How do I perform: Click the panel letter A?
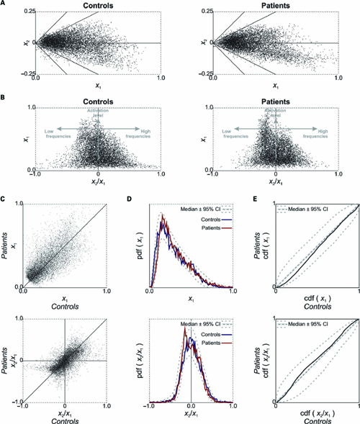[4, 4]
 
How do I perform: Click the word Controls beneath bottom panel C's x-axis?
[66, 418]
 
